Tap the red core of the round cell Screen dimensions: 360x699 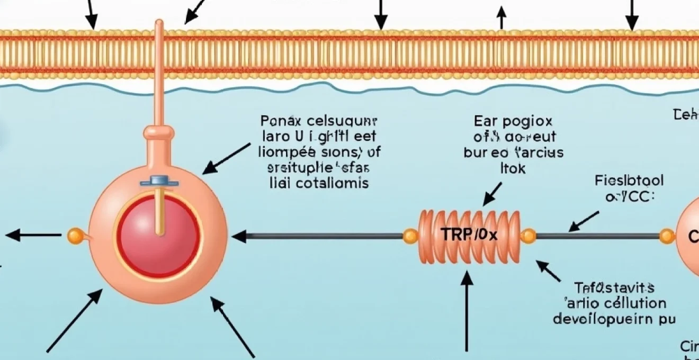(159, 236)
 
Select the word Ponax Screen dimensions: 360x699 (281, 121)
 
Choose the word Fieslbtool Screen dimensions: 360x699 (629, 181)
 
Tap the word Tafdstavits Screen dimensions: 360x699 (615, 288)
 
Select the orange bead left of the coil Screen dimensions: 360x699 (409, 236)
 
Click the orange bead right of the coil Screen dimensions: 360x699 (528, 236)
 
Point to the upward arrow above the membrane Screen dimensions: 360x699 (501, 18)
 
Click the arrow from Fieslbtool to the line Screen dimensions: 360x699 (583, 221)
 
